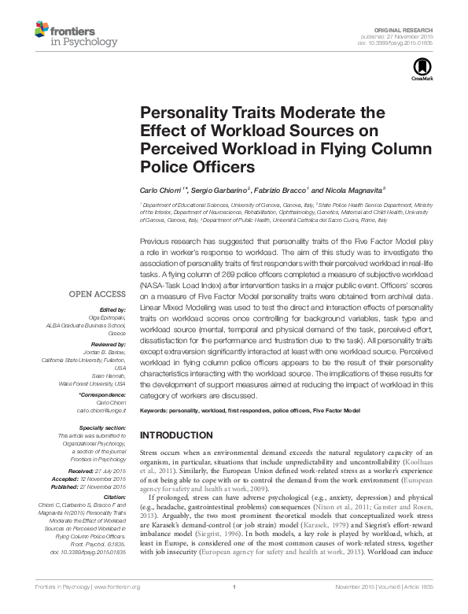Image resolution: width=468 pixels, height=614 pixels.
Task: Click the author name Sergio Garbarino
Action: pyautogui.click(x=224, y=190)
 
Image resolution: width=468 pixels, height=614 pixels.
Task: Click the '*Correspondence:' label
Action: pyautogui.click(x=104, y=395)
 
